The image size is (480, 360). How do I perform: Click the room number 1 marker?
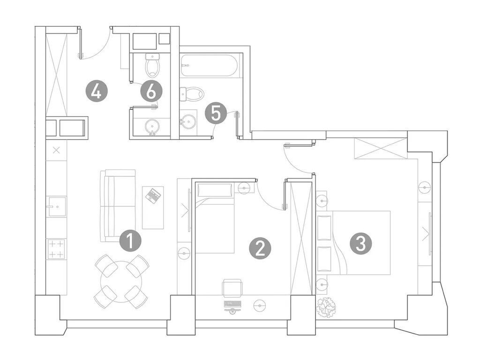click(130, 241)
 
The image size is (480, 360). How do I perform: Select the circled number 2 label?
click(260, 248)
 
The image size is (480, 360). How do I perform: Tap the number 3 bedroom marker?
click(361, 244)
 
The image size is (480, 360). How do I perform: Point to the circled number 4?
click(97, 91)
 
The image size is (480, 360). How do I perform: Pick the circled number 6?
click(151, 91)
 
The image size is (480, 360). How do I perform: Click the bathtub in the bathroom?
click(209, 65)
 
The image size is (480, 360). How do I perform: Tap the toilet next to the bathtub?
click(192, 94)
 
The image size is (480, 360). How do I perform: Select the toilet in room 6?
click(152, 65)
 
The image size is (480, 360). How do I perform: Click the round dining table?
click(121, 282)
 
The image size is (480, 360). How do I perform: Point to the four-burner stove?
click(57, 249)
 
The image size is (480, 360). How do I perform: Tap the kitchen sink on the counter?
click(57, 207)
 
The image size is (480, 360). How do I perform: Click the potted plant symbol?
click(326, 307)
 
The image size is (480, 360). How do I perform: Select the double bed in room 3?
click(353, 242)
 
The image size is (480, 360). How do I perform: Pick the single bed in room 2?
click(215, 218)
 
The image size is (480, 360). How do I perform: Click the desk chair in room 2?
click(232, 288)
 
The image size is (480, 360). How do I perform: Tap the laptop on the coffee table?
click(153, 195)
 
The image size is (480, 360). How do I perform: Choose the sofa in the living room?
click(118, 206)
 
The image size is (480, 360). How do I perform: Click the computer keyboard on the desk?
click(232, 304)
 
